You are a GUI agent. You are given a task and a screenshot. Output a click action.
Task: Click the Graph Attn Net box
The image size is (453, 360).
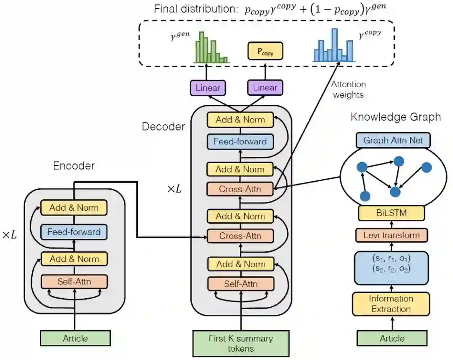click(393, 140)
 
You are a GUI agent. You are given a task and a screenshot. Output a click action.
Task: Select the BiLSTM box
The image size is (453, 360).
click(391, 213)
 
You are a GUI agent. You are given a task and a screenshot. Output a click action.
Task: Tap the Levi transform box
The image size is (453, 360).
click(391, 235)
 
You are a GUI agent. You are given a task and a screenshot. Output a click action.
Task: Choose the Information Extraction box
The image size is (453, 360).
click(391, 304)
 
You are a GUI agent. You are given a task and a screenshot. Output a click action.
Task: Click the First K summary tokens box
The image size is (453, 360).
click(241, 343)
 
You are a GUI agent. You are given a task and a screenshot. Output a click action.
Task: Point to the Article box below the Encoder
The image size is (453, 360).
click(75, 338)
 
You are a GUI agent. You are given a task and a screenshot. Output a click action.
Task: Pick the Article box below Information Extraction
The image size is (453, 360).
click(393, 338)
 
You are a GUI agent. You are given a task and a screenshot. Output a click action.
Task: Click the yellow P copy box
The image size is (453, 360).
click(265, 52)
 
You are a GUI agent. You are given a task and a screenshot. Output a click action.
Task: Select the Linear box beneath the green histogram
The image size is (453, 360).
click(208, 88)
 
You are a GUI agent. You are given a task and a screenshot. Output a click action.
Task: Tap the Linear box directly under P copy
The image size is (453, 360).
click(265, 88)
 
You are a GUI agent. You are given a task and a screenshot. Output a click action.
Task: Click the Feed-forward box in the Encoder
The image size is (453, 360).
click(74, 232)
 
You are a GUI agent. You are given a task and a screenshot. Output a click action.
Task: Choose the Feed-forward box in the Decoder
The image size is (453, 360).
click(240, 141)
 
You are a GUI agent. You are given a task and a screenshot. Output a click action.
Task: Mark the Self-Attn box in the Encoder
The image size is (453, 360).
click(74, 281)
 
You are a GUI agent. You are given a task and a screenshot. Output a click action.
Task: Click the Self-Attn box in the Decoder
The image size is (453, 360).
click(240, 284)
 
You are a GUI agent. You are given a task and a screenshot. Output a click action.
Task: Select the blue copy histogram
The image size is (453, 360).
click(333, 46)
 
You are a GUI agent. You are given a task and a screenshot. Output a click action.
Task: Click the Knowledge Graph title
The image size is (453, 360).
click(396, 117)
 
